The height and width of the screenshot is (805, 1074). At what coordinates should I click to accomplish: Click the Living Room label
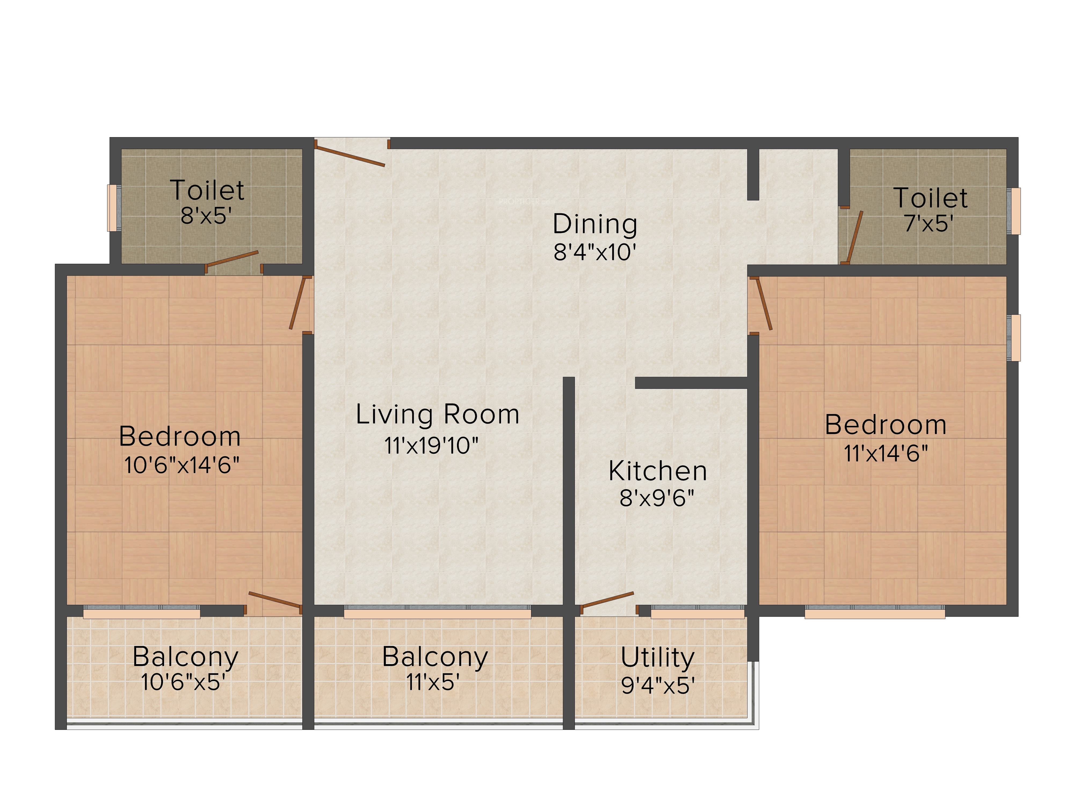click(437, 415)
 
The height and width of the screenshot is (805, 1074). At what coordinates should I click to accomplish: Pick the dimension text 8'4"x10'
click(595, 252)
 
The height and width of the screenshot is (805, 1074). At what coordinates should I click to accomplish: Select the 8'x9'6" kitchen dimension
click(657, 497)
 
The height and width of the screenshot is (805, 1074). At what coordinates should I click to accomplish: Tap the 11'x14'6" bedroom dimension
click(886, 453)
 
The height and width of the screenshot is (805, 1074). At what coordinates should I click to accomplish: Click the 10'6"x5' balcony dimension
click(183, 682)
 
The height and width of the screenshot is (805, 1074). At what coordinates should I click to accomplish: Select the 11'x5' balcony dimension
click(433, 682)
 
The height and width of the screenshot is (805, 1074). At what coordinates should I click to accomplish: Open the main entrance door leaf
click(350, 153)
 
